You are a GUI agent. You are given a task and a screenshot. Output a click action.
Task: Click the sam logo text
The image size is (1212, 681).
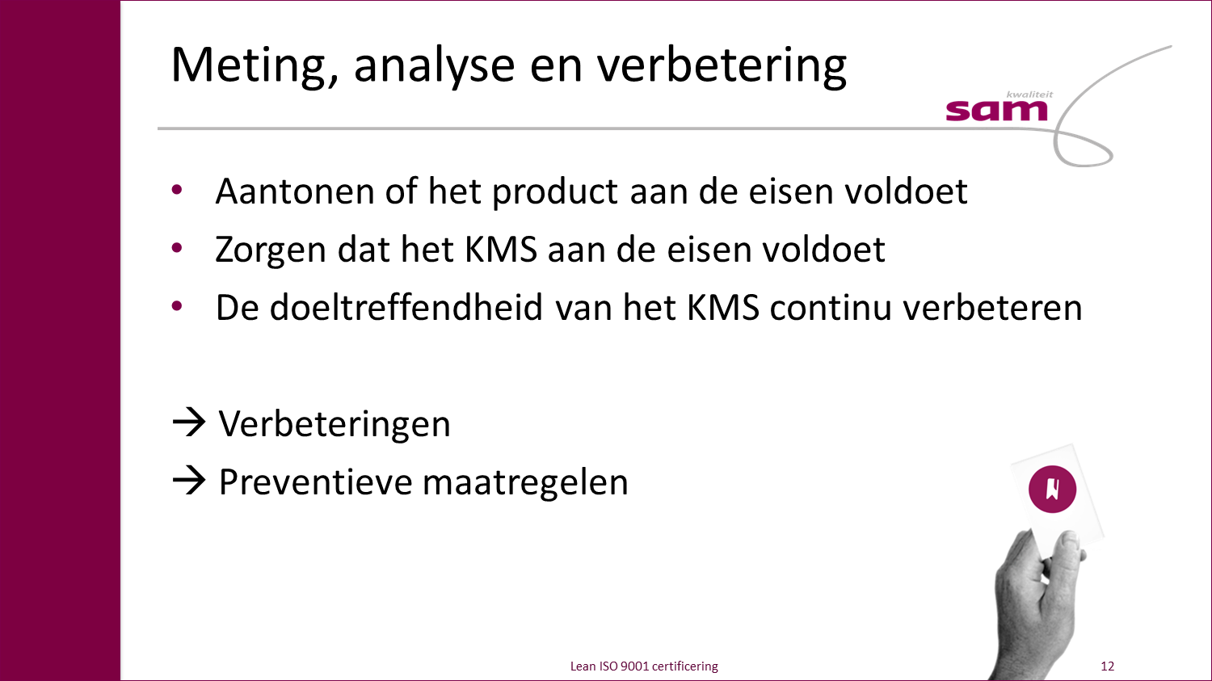(996, 111)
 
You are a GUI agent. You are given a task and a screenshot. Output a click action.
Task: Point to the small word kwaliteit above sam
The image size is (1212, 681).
(1029, 95)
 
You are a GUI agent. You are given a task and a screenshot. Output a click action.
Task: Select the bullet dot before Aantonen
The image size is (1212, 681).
(177, 189)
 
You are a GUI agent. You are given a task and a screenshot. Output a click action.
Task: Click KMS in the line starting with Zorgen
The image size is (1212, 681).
(501, 250)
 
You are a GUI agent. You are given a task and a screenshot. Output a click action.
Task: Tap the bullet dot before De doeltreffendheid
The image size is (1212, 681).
(177, 306)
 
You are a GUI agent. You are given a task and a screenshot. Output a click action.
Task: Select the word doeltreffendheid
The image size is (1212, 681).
(406, 307)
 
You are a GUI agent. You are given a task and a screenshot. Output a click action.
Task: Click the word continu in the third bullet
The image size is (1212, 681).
(831, 308)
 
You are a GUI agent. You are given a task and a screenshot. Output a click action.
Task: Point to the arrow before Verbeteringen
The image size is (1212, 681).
(189, 422)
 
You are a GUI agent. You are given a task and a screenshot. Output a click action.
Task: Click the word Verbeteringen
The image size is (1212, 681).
(335, 424)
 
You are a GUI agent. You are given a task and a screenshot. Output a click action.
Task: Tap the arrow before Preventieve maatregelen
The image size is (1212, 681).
(189, 481)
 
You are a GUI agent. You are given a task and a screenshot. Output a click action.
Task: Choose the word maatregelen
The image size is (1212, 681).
(525, 482)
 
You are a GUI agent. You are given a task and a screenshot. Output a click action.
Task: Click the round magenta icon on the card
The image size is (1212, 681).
(1052, 489)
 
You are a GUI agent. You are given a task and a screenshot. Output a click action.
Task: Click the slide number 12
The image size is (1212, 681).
(1107, 666)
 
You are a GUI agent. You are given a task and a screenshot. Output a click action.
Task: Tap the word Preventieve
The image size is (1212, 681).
(315, 482)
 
